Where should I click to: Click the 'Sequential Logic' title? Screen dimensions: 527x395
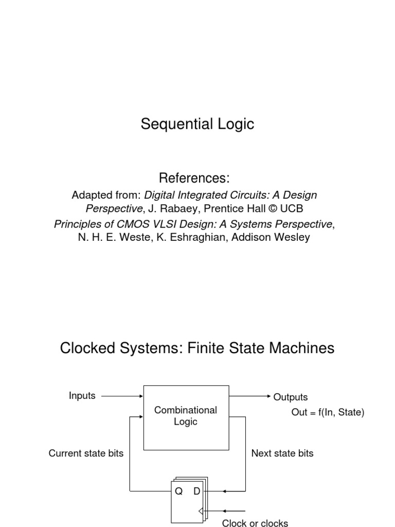point(197,124)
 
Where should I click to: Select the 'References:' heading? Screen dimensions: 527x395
point(194,179)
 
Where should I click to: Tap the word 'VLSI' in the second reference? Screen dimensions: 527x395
point(155,224)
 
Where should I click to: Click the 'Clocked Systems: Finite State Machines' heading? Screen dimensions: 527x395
point(197,348)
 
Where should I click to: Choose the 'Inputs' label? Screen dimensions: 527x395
point(82,395)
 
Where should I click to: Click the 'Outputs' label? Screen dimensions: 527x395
point(291,397)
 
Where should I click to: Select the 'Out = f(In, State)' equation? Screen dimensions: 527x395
point(328,412)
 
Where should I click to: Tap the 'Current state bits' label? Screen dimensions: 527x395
point(86,453)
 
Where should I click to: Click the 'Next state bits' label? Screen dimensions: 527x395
point(282,453)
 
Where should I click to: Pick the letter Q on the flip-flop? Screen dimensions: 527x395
point(179,491)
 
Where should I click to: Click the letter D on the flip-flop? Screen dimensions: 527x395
point(196,491)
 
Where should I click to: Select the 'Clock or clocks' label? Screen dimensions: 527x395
point(255,523)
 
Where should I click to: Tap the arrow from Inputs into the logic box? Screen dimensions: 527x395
point(122,396)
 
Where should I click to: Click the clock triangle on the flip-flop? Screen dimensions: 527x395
point(201,511)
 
